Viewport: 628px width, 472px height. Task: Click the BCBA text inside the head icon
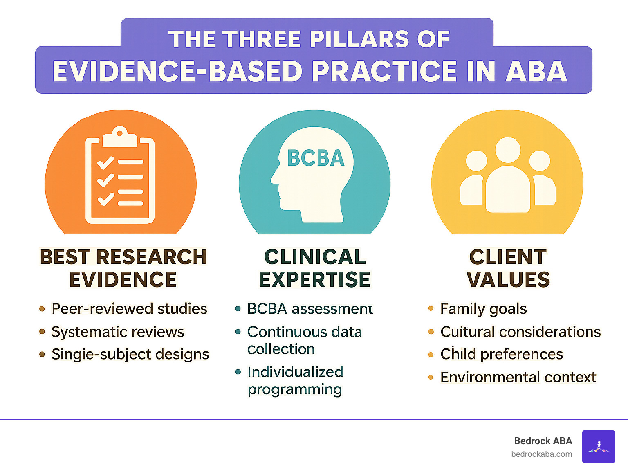click(x=316, y=158)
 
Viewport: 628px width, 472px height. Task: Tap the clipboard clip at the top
click(x=120, y=138)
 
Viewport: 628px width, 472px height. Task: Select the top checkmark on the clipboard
click(x=105, y=162)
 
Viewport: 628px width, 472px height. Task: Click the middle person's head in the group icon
click(x=507, y=150)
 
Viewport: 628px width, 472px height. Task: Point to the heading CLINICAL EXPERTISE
click(x=314, y=268)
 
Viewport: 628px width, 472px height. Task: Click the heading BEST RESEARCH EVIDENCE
click(x=123, y=268)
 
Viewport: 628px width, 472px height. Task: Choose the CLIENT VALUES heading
click(x=508, y=268)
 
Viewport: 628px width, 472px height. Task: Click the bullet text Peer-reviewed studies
click(x=129, y=309)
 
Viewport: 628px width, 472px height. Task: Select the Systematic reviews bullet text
click(x=118, y=332)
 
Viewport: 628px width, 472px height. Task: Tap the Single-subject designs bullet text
click(x=130, y=354)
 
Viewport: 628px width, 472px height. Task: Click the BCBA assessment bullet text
click(x=310, y=309)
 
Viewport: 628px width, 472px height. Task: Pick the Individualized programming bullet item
click(x=295, y=380)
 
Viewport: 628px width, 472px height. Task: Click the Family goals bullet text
click(x=483, y=309)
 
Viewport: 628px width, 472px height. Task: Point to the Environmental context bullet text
click(x=518, y=377)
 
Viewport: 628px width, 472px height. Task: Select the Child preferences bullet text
click(x=501, y=354)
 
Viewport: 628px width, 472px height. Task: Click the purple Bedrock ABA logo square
click(x=598, y=446)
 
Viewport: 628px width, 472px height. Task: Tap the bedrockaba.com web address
click(x=541, y=454)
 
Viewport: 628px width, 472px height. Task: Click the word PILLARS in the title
click(x=359, y=40)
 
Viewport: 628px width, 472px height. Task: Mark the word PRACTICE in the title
click(x=384, y=71)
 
